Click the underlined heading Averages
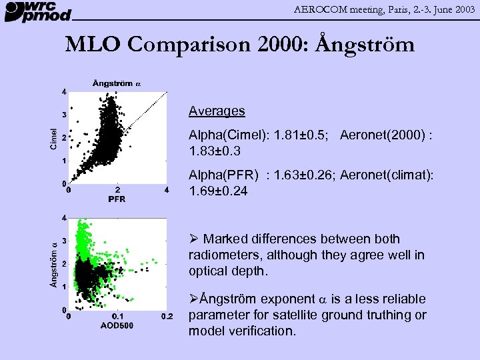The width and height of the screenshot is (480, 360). [217, 111]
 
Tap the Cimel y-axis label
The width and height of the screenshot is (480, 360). [54, 138]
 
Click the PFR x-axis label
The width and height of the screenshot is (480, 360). [117, 199]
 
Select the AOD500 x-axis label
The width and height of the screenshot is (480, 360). [117, 325]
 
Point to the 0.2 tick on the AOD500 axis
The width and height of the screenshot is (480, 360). [167, 316]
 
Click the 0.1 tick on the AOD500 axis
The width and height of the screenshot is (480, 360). [117, 316]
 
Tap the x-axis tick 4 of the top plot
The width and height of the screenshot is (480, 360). [167, 190]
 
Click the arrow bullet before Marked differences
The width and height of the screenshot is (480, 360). [194, 239]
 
